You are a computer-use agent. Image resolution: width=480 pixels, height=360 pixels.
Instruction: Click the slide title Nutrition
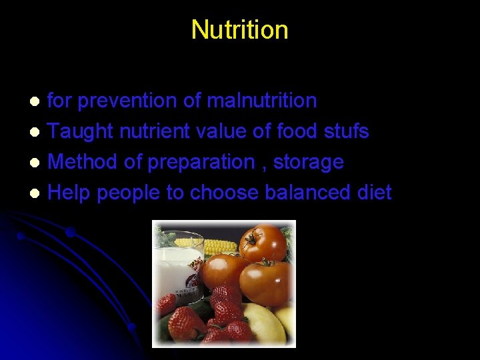click(239, 30)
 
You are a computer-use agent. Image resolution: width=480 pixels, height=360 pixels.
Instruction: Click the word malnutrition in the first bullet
click(262, 101)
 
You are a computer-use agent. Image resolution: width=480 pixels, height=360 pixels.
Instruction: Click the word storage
click(313, 163)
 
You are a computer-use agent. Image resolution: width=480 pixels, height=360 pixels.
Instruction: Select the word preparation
click(201, 163)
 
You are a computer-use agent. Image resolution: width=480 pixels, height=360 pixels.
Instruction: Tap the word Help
click(69, 193)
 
